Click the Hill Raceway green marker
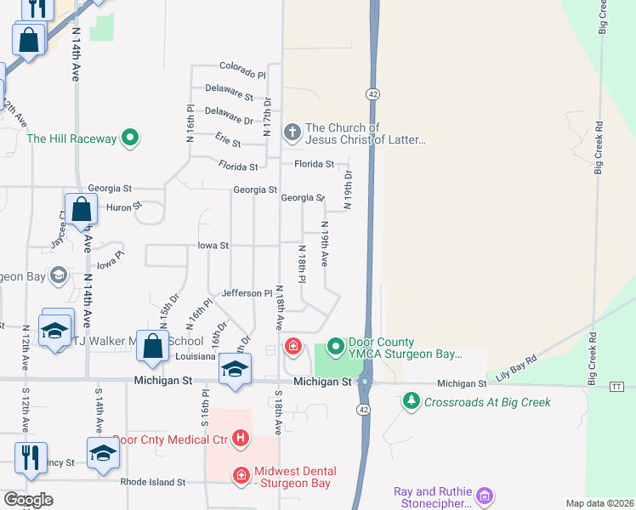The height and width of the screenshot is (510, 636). coord(130,137)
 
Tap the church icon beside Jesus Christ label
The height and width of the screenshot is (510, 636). coord(292,132)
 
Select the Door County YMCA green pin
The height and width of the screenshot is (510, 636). coord(336,346)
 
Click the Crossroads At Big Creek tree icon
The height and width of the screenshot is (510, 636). coord(412,400)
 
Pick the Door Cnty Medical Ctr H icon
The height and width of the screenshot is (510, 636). coord(241,439)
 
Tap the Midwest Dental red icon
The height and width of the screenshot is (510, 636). coord(241,474)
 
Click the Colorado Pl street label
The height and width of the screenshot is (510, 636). coord(242,65)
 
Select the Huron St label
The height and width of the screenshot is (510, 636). coord(124,206)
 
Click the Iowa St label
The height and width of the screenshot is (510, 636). coord(213,246)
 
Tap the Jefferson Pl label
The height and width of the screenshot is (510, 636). coord(247,293)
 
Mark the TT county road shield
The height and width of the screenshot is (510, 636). coord(617,386)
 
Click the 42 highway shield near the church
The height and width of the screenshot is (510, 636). coord(372,92)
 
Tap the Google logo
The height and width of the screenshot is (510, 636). coord(28,499)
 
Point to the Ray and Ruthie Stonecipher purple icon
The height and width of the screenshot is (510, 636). coord(485,494)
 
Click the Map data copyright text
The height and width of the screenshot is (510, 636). coord(600,503)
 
